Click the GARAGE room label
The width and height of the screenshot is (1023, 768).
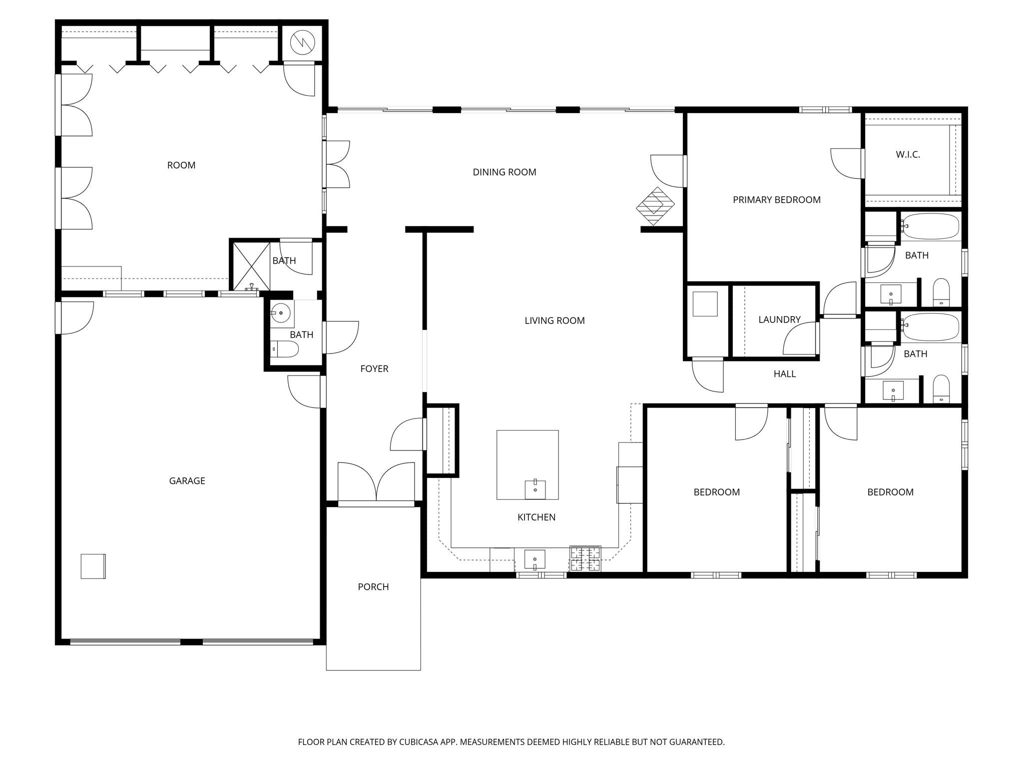[x=187, y=481]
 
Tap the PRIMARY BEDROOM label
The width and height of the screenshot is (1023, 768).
[x=777, y=200]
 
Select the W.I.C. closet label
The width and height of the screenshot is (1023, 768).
[x=908, y=155]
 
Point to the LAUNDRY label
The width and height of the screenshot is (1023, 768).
[x=779, y=319]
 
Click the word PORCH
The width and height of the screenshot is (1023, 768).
[x=373, y=587]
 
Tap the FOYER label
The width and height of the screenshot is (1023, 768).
[x=374, y=369]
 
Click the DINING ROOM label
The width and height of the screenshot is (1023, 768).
[x=505, y=172]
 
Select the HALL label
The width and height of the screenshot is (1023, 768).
[x=785, y=374]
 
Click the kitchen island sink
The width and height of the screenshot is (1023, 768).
[x=535, y=489]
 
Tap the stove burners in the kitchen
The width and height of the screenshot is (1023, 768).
[x=585, y=559]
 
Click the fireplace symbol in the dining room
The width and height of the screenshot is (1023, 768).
[x=655, y=206]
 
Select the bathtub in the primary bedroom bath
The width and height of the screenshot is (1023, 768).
[x=930, y=226]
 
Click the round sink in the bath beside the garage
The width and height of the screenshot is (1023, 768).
[x=281, y=313]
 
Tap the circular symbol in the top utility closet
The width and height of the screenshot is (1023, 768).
[x=303, y=42]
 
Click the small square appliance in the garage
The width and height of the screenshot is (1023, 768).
[x=93, y=566]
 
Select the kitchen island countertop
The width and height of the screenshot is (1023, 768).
[x=527, y=464]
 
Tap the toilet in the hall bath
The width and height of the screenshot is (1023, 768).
[x=941, y=389]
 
